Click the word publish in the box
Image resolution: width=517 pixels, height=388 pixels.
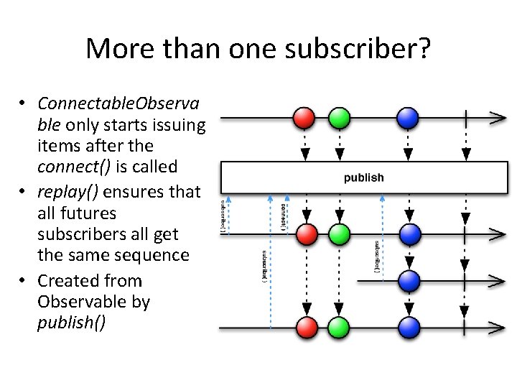pyautogui.click(x=364, y=177)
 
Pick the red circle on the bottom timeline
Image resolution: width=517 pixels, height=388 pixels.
pyautogui.click(x=306, y=327)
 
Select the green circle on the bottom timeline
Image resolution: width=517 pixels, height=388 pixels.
pyautogui.click(x=338, y=327)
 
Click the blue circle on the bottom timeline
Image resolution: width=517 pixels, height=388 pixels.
pyautogui.click(x=408, y=327)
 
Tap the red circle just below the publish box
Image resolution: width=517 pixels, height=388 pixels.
pyautogui.click(x=306, y=234)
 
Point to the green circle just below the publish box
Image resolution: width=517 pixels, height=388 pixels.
pyautogui.click(x=338, y=234)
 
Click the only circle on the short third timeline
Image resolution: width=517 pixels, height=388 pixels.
pyautogui.click(x=408, y=280)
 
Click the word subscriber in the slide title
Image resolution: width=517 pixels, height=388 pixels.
pyautogui.click(x=345, y=49)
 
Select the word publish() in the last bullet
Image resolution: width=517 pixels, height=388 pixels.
pyautogui.click(x=71, y=323)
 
